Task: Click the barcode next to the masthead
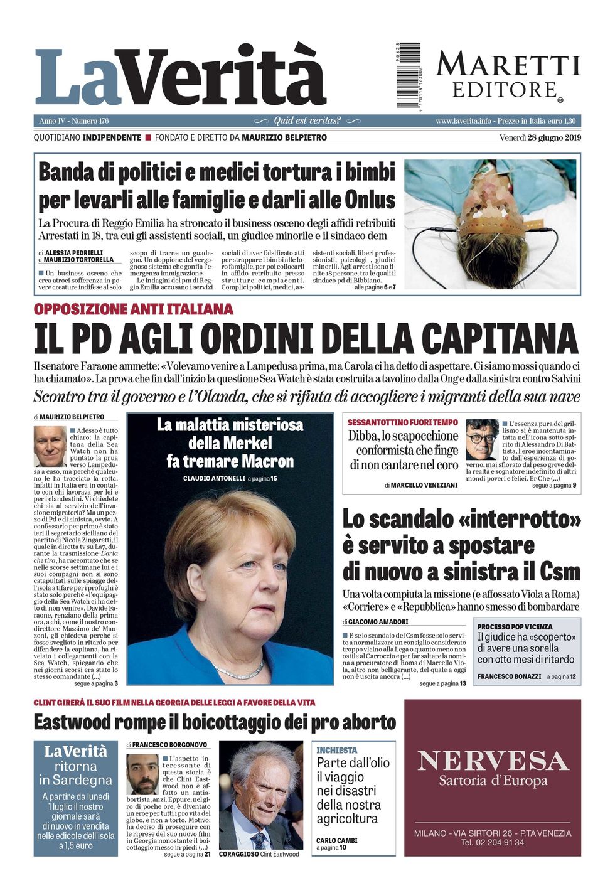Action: [x=409, y=75]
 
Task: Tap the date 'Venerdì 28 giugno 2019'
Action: [x=540, y=138]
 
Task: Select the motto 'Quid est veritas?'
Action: [x=307, y=120]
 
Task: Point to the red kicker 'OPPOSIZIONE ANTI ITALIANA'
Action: [x=134, y=309]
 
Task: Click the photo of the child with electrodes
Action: [x=490, y=224]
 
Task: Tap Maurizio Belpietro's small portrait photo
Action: [x=50, y=446]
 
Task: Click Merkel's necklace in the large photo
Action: [x=239, y=670]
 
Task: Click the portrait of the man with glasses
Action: [x=482, y=439]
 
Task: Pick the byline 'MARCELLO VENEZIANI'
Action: [x=424, y=485]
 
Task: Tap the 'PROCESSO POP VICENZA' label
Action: [x=515, y=626]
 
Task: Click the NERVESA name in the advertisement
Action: [x=493, y=761]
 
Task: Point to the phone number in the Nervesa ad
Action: [x=493, y=843]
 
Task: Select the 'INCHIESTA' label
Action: [x=337, y=750]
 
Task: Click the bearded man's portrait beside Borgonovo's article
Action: [x=143, y=774]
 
